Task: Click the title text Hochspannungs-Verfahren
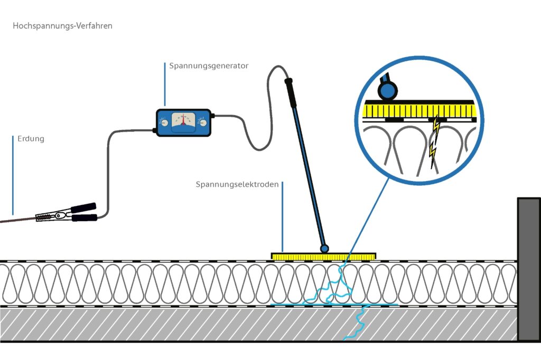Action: pyautogui.click(x=62, y=26)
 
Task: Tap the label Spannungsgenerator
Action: pyautogui.click(x=209, y=66)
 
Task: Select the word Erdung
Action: pyautogui.click(x=31, y=139)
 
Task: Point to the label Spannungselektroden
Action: pyautogui.click(x=237, y=185)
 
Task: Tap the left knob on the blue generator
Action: pyautogui.click(x=164, y=123)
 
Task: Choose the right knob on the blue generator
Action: pyautogui.click(x=202, y=123)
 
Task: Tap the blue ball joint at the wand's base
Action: pyautogui.click(x=324, y=248)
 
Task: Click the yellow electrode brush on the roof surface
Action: pyautogui.click(x=323, y=257)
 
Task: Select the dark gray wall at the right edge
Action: pyautogui.click(x=528, y=269)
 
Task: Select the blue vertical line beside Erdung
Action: pyautogui.click(x=12, y=174)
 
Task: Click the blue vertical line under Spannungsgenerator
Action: pyautogui.click(x=165, y=84)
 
